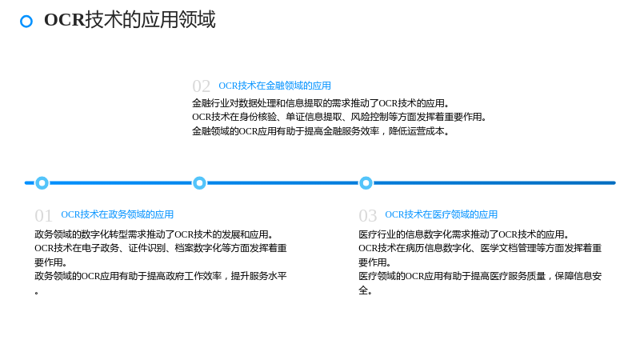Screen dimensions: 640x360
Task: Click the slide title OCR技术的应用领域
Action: pyautogui.click(x=130, y=19)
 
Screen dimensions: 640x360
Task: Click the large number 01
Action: pyautogui.click(x=43, y=215)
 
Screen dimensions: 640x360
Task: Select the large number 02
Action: pyautogui.click(x=202, y=86)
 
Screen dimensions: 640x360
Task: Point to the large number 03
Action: pyautogui.click(x=367, y=215)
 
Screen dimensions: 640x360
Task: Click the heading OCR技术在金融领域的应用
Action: pyautogui.click(x=274, y=86)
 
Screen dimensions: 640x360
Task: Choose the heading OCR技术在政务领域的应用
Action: pyautogui.click(x=117, y=214)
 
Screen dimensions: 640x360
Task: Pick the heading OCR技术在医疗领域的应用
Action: pyautogui.click(x=442, y=214)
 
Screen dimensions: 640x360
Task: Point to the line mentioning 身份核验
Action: pyautogui.click(x=339, y=117)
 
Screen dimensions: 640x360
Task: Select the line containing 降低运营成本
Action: pyautogui.click(x=321, y=131)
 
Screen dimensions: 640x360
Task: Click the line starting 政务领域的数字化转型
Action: pyautogui.click(x=154, y=234)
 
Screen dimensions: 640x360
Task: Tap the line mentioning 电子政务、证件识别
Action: pyautogui.click(x=161, y=248)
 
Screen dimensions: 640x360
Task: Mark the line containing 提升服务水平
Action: pyautogui.click(x=161, y=276)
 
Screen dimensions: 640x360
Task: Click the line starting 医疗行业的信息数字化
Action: pyautogui.click(x=464, y=234)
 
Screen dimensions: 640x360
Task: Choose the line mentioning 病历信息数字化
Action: pyautogui.click(x=480, y=248)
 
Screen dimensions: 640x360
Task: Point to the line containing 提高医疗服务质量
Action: pyautogui.click(x=480, y=276)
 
